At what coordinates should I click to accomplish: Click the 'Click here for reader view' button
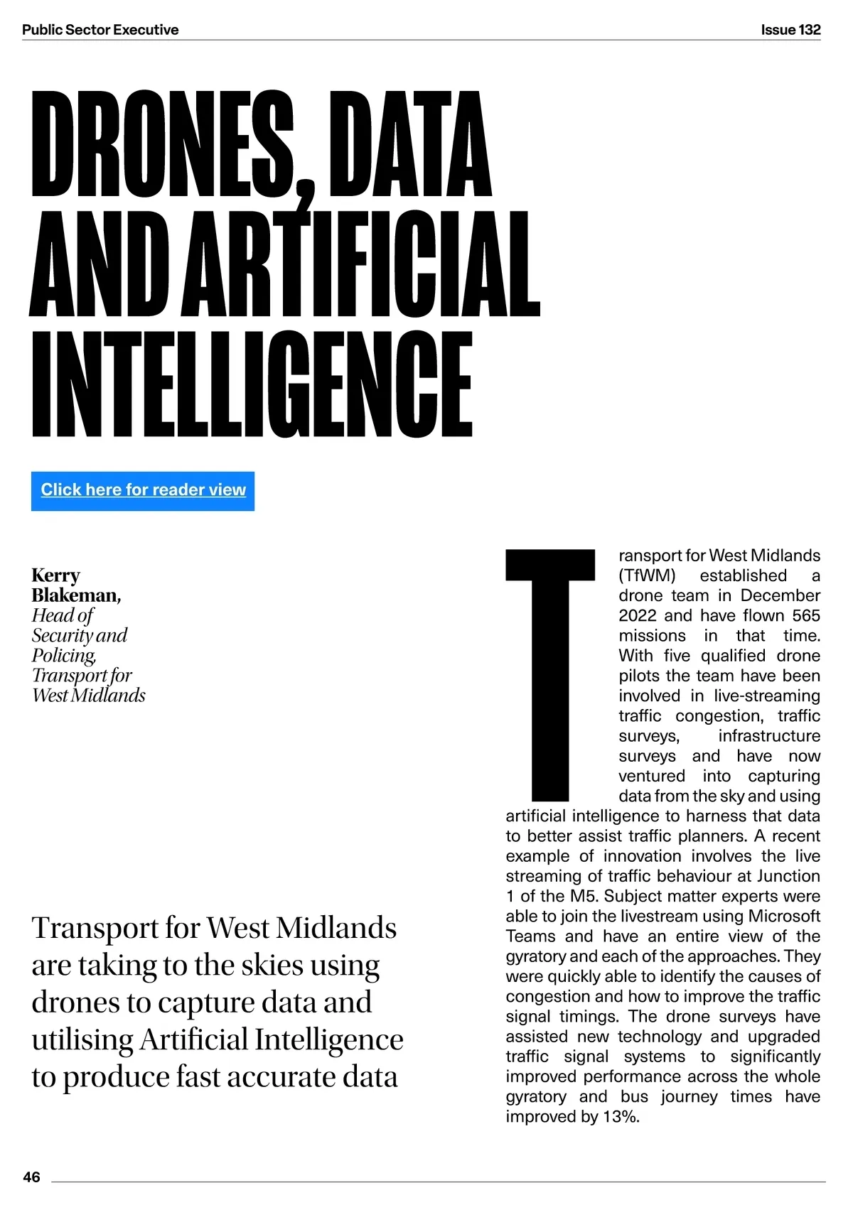143,490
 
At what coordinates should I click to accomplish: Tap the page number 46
32,1177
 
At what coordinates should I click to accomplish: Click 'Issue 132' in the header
790,30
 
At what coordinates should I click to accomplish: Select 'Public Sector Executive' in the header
100,30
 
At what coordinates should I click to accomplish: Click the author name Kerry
55,575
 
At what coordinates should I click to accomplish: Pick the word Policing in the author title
63,655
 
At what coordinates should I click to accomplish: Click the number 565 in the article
806,615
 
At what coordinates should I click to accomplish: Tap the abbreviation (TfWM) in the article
647,576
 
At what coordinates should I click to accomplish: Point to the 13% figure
621,1116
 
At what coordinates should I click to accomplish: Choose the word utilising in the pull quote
82,1039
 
